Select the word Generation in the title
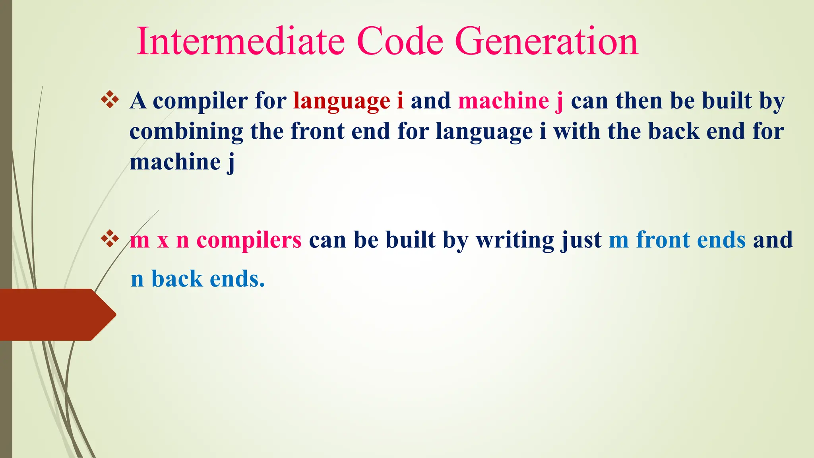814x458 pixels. pos(547,41)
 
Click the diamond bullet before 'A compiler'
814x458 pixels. pos(110,100)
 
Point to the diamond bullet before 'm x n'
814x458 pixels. pos(110,239)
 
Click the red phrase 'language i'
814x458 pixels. pos(348,101)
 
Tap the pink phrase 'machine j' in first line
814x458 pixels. pos(510,101)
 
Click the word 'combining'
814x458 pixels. pos(186,132)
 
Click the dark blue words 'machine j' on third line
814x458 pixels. pos(182,162)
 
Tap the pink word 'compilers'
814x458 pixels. pos(249,241)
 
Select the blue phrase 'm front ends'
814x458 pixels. pos(677,240)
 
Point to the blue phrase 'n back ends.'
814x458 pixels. pos(198,279)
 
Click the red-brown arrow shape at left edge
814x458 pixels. pos(56,314)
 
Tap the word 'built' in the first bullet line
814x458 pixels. pos(727,101)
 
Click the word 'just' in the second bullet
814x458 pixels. pos(581,241)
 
